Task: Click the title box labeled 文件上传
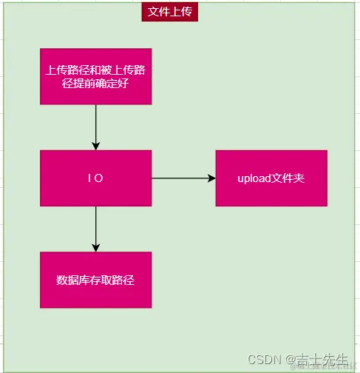[170, 12]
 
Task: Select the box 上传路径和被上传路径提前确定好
[95, 76]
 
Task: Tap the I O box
[95, 178]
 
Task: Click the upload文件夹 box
[271, 178]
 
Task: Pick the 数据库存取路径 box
[95, 280]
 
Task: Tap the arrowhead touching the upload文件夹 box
[211, 178]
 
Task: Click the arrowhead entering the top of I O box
[95, 145]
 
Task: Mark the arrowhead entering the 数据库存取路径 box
[95, 247]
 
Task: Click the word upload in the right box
[253, 178]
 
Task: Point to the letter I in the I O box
[89, 178]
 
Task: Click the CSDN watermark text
[262, 359]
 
